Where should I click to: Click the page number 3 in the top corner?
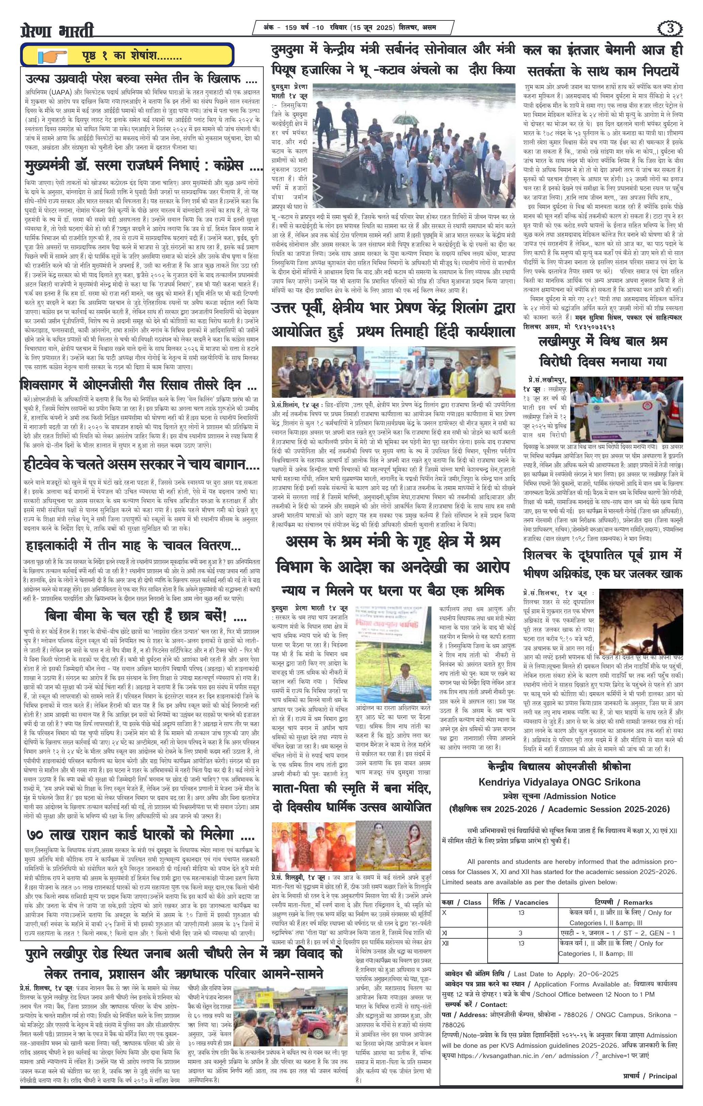coord(672,29)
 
